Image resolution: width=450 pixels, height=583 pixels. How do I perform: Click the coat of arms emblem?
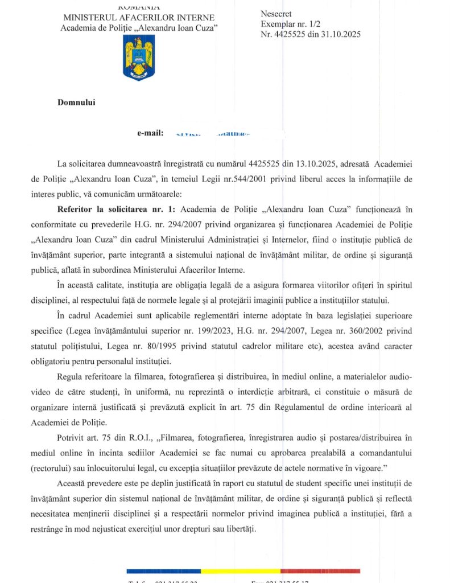tap(139, 58)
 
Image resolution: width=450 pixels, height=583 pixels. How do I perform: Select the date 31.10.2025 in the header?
tap(341, 34)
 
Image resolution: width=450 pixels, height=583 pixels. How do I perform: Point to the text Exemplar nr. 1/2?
tap(288, 24)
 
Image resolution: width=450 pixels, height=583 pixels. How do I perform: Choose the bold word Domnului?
tap(76, 102)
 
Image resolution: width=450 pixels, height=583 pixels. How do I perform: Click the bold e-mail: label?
tap(151, 133)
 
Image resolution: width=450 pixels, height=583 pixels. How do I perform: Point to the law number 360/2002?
tap(381, 331)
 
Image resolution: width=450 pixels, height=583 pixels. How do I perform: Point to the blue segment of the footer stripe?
tap(164, 570)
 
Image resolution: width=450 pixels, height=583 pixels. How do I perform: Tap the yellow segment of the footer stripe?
tap(241, 570)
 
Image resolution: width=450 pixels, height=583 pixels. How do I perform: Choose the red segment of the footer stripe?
tap(320, 570)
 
